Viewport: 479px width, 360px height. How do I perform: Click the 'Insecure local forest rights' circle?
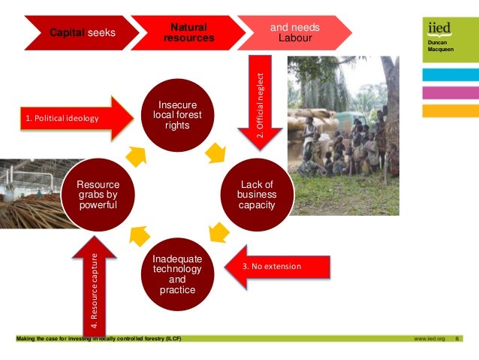[177, 115]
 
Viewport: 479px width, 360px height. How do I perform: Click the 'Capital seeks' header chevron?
[83, 32]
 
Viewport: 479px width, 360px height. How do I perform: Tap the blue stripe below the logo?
[450, 75]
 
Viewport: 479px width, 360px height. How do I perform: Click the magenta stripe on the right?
[450, 93]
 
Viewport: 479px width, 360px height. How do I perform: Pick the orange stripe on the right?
[450, 111]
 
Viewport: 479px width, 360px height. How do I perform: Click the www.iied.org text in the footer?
[429, 339]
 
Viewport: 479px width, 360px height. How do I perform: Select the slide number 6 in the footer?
[458, 339]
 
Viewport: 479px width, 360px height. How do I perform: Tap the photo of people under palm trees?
[342, 135]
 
